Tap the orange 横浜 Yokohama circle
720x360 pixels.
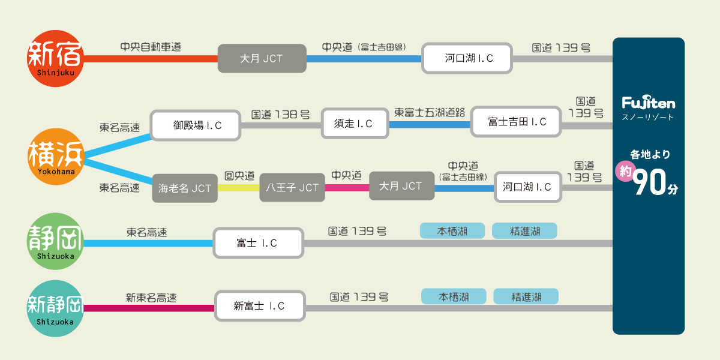[56, 157]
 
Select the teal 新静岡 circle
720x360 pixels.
[55, 308]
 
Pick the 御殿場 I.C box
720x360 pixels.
[196, 125]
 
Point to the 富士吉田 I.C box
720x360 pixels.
[517, 122]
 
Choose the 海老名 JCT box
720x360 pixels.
[185, 188]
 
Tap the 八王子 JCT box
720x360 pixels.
[292, 187]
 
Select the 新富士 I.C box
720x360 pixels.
[260, 306]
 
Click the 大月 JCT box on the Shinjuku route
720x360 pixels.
[261, 59]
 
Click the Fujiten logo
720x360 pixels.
[648, 103]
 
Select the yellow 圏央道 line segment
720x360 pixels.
[238, 187]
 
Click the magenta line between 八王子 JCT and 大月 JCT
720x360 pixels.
[347, 187]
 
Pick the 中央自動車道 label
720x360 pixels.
[151, 47]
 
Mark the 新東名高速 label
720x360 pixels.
[151, 297]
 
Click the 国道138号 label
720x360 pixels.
[280, 114]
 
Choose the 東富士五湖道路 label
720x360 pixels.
[430, 113]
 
